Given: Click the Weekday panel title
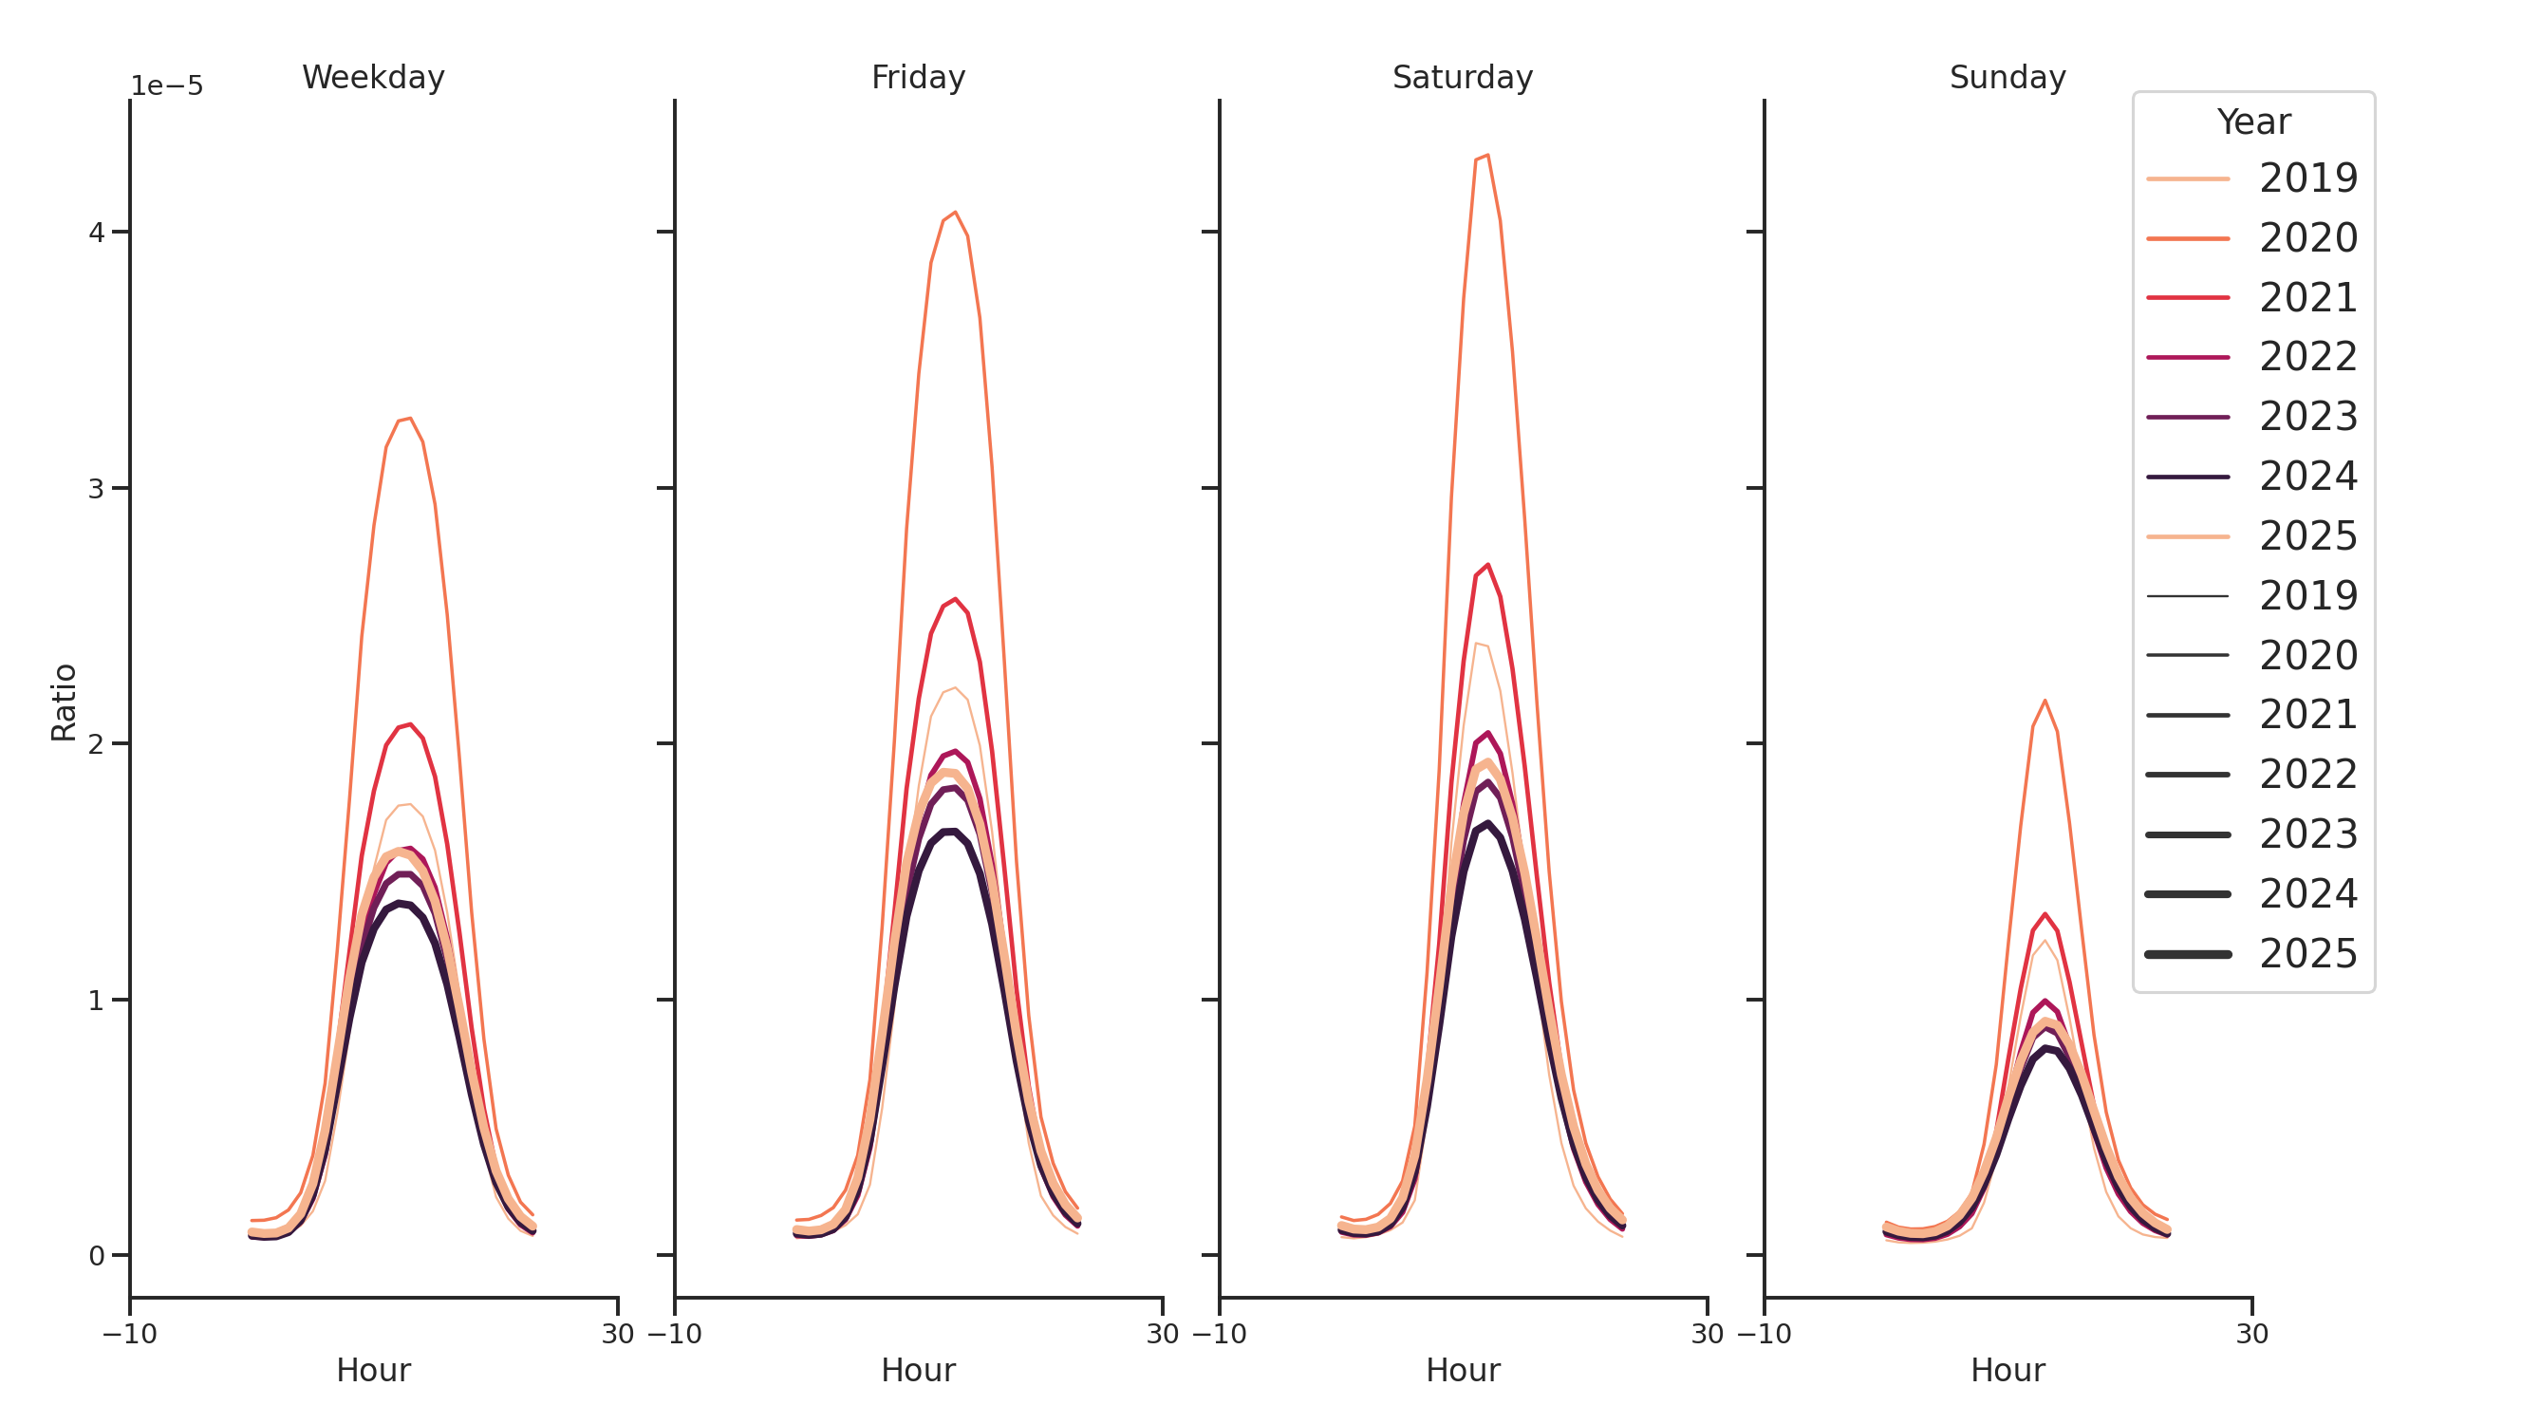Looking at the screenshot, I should [373, 77].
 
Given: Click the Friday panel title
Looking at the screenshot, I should [917, 77].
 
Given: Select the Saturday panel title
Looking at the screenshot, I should [1461, 77].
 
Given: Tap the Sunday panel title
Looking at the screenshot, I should [2007, 77].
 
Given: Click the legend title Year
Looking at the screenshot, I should [2251, 122].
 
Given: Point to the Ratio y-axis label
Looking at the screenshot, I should [64, 702].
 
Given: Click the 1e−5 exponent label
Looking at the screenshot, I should [166, 86].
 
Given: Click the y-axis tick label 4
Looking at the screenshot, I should [96, 233].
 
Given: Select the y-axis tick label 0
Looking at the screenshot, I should [96, 1256].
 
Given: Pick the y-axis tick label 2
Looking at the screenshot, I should [96, 745].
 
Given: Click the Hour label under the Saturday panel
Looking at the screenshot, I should [1461, 1370].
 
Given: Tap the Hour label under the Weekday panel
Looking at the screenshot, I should [373, 1370].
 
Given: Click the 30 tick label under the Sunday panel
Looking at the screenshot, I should [2250, 1334].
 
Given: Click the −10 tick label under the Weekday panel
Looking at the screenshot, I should [129, 1334].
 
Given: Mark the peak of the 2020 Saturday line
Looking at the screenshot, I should [1486, 155].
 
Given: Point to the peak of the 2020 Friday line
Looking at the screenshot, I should [954, 213].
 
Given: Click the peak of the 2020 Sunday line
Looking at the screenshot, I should [2045, 701].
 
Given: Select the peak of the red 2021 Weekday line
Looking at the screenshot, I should [410, 724].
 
